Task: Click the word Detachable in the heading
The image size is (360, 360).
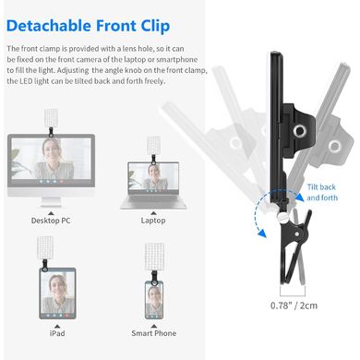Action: click(49, 26)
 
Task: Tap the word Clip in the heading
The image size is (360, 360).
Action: click(155, 26)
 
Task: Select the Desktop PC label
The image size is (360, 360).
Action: click(51, 221)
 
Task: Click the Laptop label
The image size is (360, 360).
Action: click(153, 221)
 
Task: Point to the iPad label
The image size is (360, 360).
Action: click(57, 333)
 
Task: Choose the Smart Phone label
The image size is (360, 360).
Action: click(154, 333)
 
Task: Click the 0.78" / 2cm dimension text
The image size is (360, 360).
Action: click(294, 306)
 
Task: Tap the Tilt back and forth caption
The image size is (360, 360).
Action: click(322, 192)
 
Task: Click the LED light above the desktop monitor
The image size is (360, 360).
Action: click(51, 118)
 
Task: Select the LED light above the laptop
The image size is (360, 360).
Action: click(153, 146)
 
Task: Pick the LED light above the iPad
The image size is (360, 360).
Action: click(45, 248)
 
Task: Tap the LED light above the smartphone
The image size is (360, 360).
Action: click(155, 257)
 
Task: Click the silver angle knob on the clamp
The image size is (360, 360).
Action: click(282, 219)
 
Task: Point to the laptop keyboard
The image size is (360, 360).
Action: click(153, 201)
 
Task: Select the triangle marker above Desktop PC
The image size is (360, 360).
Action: click(51, 213)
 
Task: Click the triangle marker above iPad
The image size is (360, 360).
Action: click(57, 327)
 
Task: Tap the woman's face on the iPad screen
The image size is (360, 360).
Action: click(57, 286)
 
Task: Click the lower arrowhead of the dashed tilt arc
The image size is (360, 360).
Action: click(262, 234)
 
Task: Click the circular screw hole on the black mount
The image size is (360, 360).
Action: click(299, 131)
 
